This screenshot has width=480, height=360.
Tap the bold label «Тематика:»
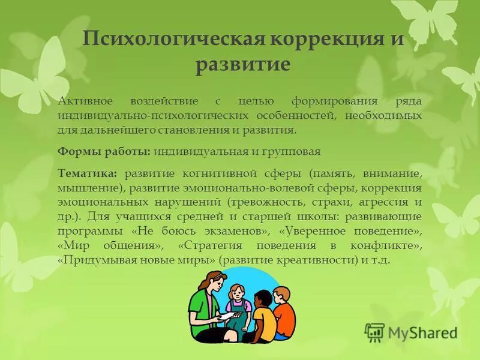(x=88, y=173)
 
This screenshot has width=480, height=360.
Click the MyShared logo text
(x=422, y=332)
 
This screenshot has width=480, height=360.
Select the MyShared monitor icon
(x=374, y=332)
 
